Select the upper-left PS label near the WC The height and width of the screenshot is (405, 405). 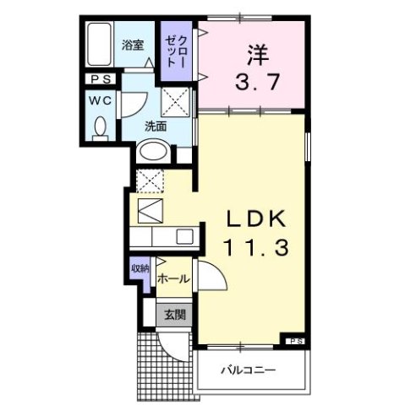[x=100, y=80]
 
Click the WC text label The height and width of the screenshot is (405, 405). [x=101, y=100]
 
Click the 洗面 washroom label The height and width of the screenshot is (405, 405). [x=154, y=126]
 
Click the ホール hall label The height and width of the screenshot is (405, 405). [x=172, y=277]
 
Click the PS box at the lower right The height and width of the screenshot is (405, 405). [x=295, y=341]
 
